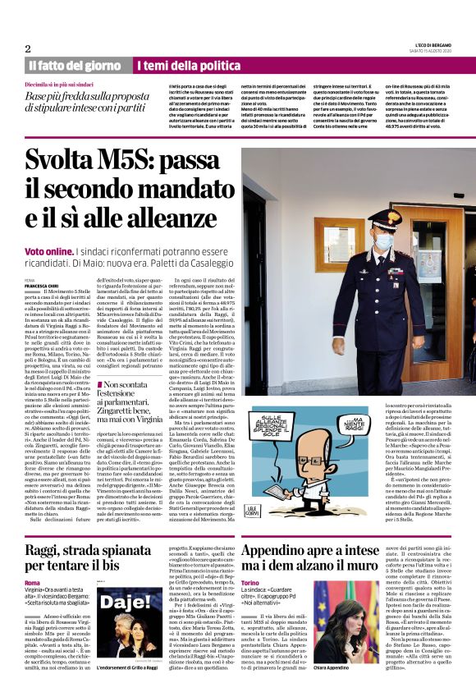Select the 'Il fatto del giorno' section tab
(x=75, y=65)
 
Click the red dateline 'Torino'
(x=251, y=581)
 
